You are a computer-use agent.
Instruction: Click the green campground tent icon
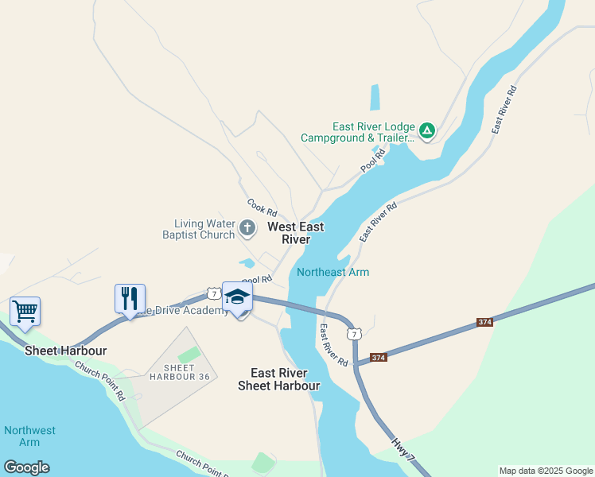(427, 130)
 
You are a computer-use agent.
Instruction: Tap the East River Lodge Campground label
(358, 132)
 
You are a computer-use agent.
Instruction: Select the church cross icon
(247, 230)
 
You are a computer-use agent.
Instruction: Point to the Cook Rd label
(262, 208)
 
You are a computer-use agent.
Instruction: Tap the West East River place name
(295, 233)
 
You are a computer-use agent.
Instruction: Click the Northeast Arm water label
(332, 272)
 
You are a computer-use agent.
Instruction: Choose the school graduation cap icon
(237, 297)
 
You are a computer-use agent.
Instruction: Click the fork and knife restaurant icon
(130, 298)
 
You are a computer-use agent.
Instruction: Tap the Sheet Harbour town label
(65, 351)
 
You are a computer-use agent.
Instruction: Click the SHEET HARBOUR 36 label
(179, 372)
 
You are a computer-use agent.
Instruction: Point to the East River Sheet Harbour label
(279, 379)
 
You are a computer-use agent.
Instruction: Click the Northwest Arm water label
(29, 436)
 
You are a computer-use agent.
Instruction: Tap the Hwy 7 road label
(403, 449)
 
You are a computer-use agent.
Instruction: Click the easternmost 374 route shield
(485, 322)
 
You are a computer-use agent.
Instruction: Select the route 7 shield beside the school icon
(213, 294)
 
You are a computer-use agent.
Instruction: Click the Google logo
(26, 467)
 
